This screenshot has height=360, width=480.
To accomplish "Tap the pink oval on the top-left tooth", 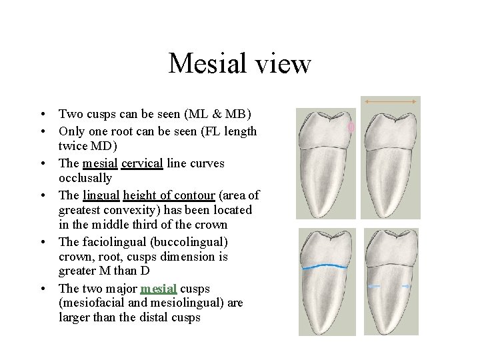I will tap(351, 127).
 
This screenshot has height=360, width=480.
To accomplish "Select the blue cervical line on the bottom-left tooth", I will tap(327, 268).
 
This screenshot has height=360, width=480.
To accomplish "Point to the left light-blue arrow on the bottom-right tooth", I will tap(374, 285).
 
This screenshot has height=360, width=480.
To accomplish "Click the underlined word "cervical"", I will tap(142, 163).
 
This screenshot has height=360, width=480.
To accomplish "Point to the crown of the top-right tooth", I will tap(391, 131).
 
